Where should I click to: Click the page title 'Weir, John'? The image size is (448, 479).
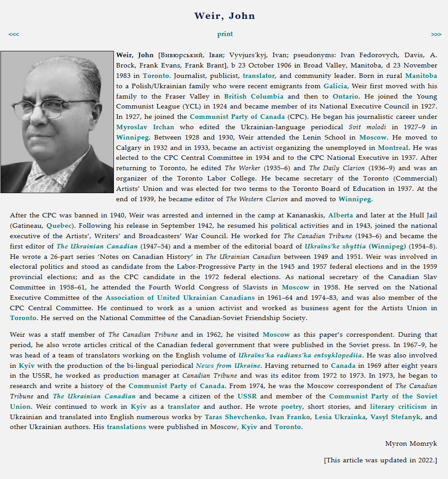224,16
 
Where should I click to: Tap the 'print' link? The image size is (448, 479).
225,34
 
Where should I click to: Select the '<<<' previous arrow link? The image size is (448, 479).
14,34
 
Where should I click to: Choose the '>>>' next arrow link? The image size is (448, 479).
436,34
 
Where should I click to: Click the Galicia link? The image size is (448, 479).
335,86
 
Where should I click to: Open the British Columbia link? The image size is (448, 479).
253,96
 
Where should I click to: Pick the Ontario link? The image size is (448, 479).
345,96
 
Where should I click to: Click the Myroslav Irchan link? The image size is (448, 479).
145,127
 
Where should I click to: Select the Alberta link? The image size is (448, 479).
340,215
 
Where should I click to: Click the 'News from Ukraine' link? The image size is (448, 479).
228,366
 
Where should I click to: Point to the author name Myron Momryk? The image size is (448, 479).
411,443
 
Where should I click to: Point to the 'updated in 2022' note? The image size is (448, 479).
380,460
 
